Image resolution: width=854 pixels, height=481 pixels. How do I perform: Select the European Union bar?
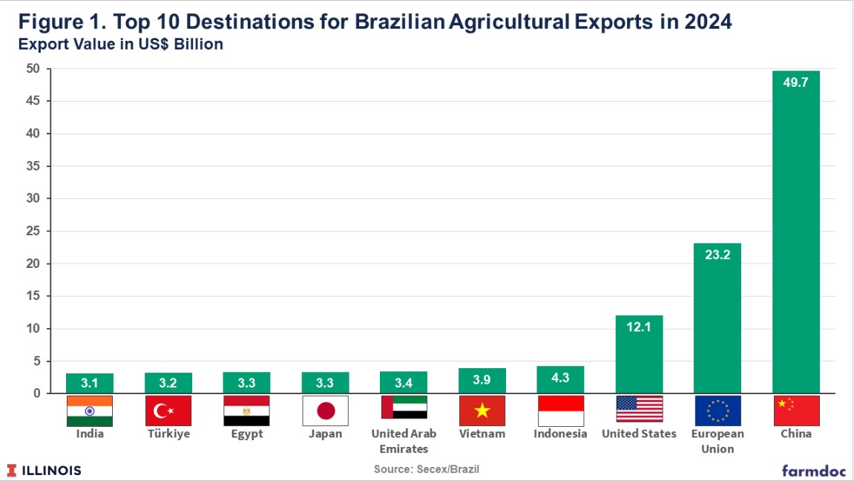pyautogui.click(x=717, y=318)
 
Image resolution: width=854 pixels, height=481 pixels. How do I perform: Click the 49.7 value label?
pyautogui.click(x=795, y=82)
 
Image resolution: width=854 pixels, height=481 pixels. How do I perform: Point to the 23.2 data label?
pyautogui.click(x=717, y=255)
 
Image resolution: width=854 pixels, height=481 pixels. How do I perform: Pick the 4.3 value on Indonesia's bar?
pyautogui.click(x=560, y=378)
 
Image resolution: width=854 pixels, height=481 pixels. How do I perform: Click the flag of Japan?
pyautogui.click(x=325, y=410)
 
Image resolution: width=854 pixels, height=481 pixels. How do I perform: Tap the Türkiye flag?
pyautogui.click(x=168, y=410)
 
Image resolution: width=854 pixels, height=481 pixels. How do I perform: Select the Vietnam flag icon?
pyautogui.click(x=482, y=410)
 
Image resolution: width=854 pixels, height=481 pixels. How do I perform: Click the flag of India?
pyautogui.click(x=90, y=410)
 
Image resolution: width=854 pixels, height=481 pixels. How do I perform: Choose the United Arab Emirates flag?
pyautogui.click(x=404, y=408)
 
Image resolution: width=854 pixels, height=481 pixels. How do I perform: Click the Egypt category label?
pyautogui.click(x=246, y=434)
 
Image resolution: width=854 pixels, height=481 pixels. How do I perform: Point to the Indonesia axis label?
pyautogui.click(x=560, y=434)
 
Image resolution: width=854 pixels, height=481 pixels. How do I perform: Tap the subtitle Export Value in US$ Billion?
pyautogui.click(x=119, y=45)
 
